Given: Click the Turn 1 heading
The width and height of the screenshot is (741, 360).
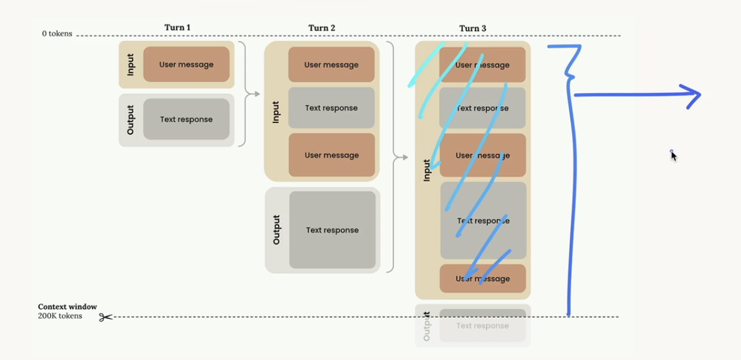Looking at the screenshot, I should [x=177, y=28].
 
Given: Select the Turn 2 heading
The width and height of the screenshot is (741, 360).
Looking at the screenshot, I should [x=321, y=28].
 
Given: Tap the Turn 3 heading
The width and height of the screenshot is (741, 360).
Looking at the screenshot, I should [x=473, y=29].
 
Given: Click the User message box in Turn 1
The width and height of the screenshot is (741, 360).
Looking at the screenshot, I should [x=186, y=65].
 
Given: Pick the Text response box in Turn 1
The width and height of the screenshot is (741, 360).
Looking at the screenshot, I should [x=186, y=119].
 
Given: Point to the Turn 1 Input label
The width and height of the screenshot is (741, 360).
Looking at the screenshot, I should [x=130, y=65].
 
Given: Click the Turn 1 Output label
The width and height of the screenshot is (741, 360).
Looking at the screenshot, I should [x=130, y=120].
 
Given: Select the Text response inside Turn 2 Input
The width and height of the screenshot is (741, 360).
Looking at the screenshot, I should [x=331, y=108].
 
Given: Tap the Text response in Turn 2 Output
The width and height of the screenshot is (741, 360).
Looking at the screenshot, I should [x=332, y=230].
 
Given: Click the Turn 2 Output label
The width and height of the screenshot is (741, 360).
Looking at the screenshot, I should [x=277, y=230].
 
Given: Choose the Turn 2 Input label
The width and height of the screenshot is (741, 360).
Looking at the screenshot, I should [x=276, y=112].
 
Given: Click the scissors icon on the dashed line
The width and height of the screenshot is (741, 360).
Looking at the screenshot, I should [x=106, y=317].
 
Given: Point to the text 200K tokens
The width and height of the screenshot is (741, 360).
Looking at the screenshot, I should [x=60, y=317].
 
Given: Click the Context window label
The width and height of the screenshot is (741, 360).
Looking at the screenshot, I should [x=67, y=307].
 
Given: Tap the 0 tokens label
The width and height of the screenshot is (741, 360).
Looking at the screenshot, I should [x=57, y=34].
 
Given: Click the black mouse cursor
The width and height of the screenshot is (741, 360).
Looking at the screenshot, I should [x=673, y=155].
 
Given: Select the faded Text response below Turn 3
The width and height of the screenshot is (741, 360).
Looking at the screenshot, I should [x=482, y=326].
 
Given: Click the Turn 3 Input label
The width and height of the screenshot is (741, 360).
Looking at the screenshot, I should [x=426, y=170].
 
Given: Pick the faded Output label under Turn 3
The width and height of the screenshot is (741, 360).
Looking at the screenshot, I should [x=426, y=326].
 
